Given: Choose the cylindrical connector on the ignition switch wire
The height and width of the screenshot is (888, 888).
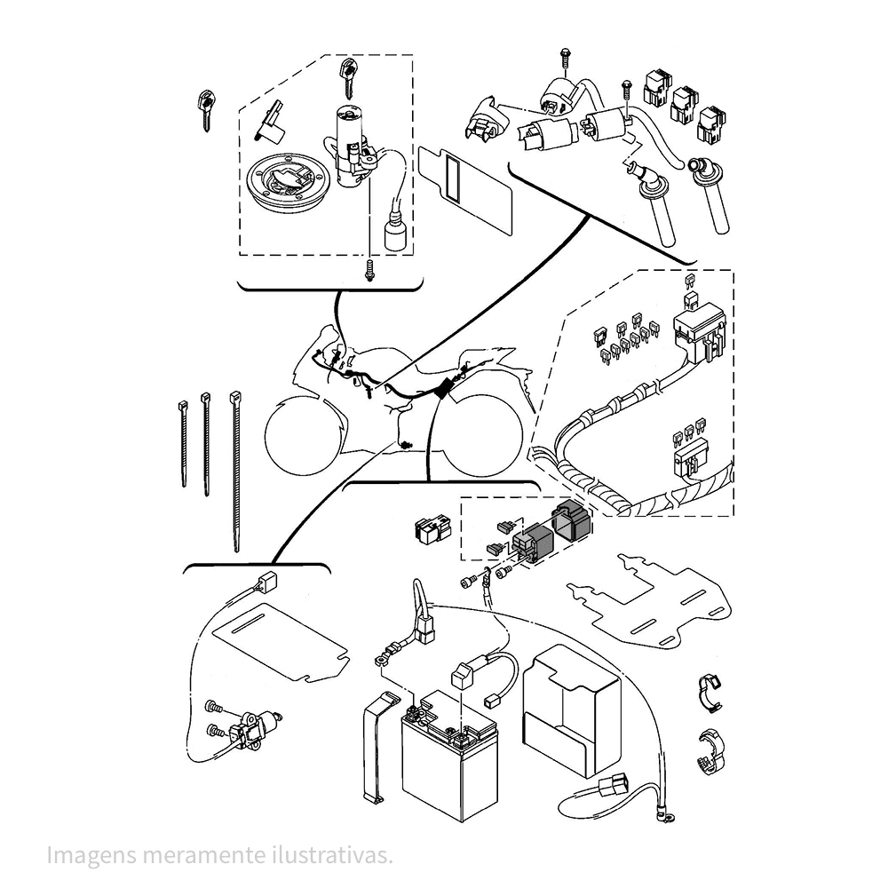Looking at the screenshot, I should (x=393, y=234).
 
